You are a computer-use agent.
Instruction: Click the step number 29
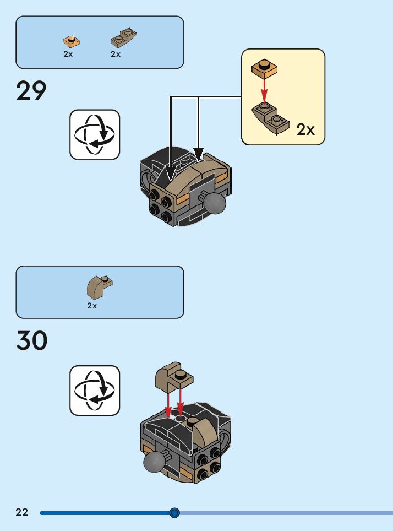click(x=31, y=91)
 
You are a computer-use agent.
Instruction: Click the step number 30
click(x=32, y=341)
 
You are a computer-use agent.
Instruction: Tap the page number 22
click(x=22, y=512)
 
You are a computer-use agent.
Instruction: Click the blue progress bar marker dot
click(x=174, y=513)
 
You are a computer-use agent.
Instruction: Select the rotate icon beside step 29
click(x=94, y=134)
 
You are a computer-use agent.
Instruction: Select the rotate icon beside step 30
click(x=94, y=390)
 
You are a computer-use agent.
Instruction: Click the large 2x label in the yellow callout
click(x=305, y=129)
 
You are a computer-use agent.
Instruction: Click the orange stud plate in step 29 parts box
click(x=71, y=40)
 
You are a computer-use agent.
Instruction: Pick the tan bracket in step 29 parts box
click(x=123, y=38)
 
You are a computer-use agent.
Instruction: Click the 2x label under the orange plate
click(x=68, y=55)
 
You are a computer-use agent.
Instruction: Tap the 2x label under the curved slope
click(x=92, y=306)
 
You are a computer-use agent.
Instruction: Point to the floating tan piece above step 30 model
click(x=174, y=376)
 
